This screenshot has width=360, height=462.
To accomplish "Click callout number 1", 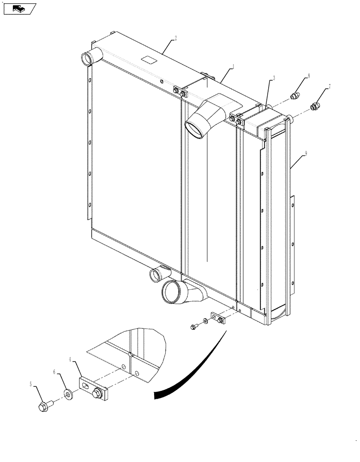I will click(x=234, y=67).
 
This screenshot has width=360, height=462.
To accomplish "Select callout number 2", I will click(x=175, y=39).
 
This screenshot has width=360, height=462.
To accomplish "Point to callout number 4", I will click(x=70, y=359).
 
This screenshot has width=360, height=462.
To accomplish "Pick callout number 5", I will click(x=31, y=384).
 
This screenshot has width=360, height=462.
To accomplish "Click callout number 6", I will click(x=54, y=371).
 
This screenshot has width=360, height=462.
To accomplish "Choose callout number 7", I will click(x=330, y=86).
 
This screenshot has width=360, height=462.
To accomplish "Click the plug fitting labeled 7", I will click(x=314, y=107).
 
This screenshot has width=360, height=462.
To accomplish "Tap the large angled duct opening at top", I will click(x=196, y=128).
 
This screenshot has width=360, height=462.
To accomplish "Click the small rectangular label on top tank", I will click(x=149, y=59).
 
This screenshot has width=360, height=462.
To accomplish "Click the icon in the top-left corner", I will click(x=19, y=8).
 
